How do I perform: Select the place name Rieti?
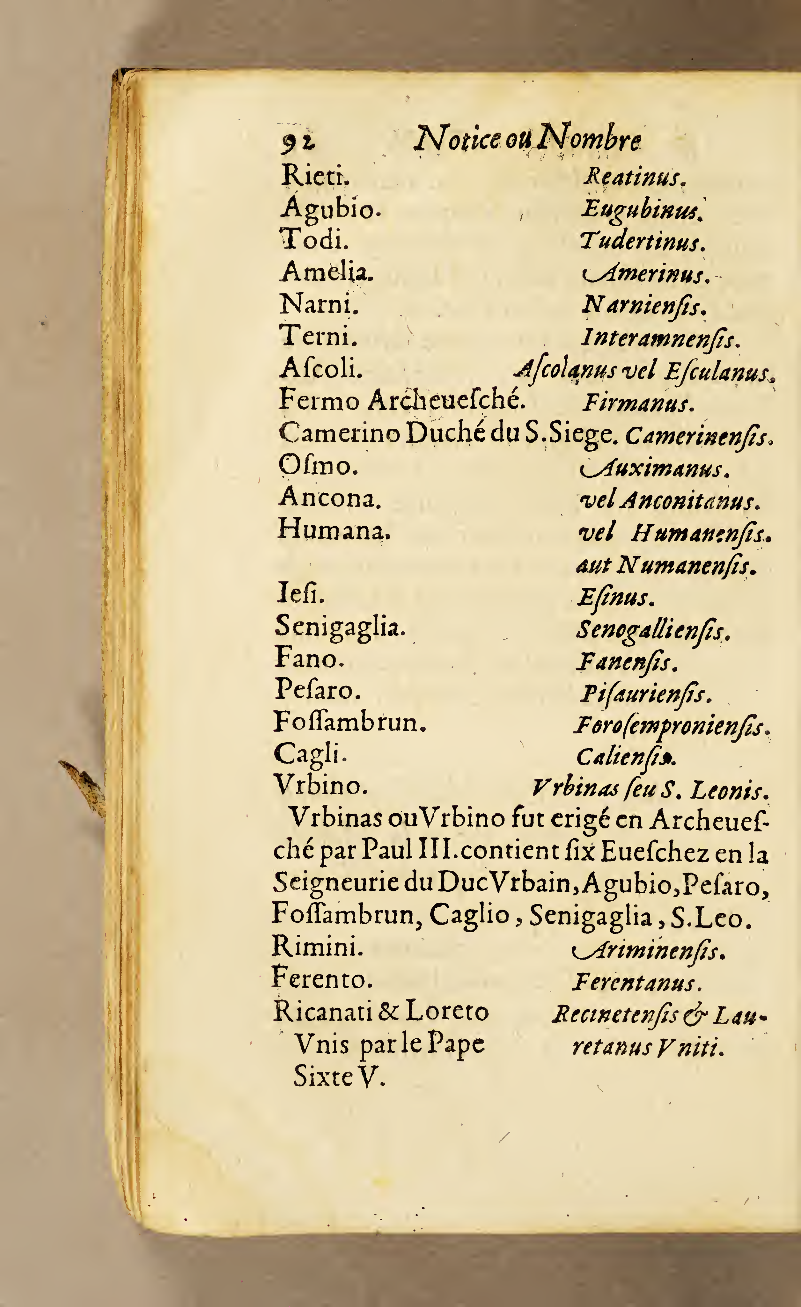pyautogui.click(x=315, y=176)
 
